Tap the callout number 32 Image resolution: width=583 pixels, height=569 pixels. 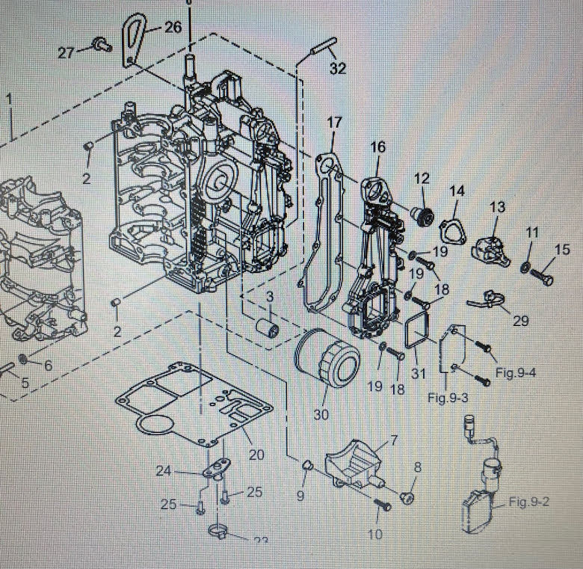point(338,70)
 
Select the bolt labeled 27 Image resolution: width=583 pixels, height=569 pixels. point(99,46)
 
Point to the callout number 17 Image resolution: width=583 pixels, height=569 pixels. point(333,122)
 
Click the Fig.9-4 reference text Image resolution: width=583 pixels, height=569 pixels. point(516,373)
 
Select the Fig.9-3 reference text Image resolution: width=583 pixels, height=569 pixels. point(448,397)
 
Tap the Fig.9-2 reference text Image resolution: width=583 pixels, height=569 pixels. point(528,501)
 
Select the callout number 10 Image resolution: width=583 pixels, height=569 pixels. point(375,534)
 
